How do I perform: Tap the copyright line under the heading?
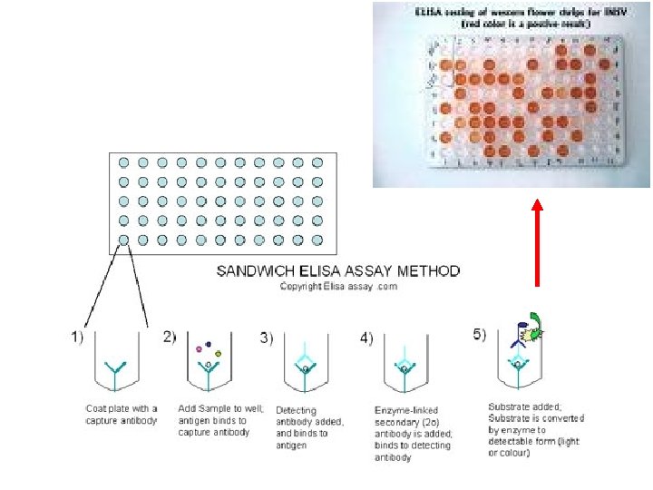pyautogui.click(x=337, y=287)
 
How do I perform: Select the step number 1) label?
pyautogui.click(x=79, y=337)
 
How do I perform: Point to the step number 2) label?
pyautogui.click(x=170, y=337)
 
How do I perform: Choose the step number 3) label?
pyautogui.click(x=267, y=338)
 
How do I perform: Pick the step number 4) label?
pyautogui.click(x=365, y=338)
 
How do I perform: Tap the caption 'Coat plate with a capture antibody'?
pyautogui.click(x=122, y=415)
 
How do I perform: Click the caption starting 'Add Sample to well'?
pyautogui.click(x=220, y=420)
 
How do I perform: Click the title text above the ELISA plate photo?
pyautogui.click(x=513, y=18)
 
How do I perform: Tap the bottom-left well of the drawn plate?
pyautogui.click(x=123, y=240)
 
